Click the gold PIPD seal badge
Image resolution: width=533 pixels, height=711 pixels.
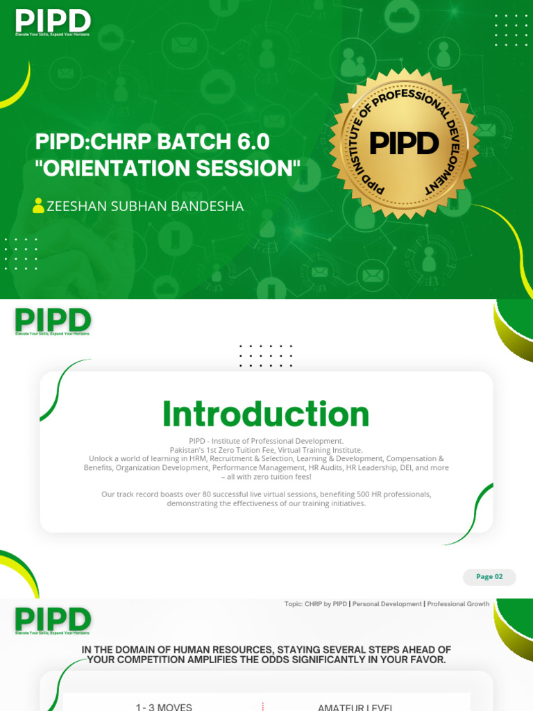click(x=404, y=144)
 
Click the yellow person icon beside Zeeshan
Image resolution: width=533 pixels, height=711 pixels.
click(x=38, y=206)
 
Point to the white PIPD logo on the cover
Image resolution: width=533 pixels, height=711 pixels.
click(x=53, y=22)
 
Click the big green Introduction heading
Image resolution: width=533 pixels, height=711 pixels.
click(x=266, y=415)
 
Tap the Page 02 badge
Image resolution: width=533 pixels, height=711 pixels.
click(x=489, y=577)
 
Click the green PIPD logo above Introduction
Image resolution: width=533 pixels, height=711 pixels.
click(x=53, y=321)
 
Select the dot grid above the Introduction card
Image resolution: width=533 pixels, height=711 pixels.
click(x=266, y=355)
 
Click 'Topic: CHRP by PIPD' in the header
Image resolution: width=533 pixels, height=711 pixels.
click(x=316, y=604)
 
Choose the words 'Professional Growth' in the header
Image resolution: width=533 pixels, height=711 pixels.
click(x=458, y=604)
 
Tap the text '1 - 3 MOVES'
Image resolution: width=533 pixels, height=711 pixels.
click(x=164, y=707)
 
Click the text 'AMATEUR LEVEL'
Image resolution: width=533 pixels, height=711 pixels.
click(x=355, y=707)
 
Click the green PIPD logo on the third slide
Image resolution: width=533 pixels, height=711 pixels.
click(x=53, y=619)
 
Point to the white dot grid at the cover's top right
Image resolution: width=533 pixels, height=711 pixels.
click(x=511, y=30)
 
